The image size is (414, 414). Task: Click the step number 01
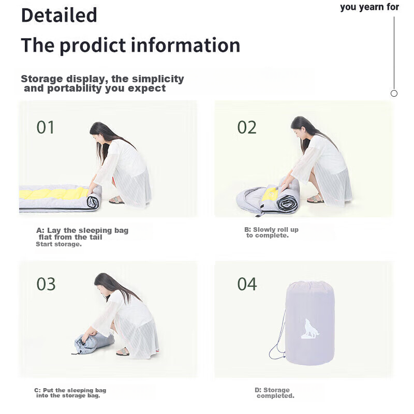pos(46,127)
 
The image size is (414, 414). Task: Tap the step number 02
pos(247,127)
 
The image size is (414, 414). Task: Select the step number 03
pos(46,284)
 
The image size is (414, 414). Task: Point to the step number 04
pos(247,284)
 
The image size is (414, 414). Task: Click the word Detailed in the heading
pos(59,15)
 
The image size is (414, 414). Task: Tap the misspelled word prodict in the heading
pos(93,46)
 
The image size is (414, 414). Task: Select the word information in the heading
pos(185,45)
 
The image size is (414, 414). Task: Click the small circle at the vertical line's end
pos(394,93)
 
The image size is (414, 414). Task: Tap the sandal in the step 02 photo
pos(315,199)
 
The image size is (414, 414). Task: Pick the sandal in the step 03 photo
pos(123,352)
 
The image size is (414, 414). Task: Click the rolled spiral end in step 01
pos(93,202)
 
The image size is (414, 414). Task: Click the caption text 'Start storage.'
pos(58,244)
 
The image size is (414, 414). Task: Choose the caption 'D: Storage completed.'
pos(275,393)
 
